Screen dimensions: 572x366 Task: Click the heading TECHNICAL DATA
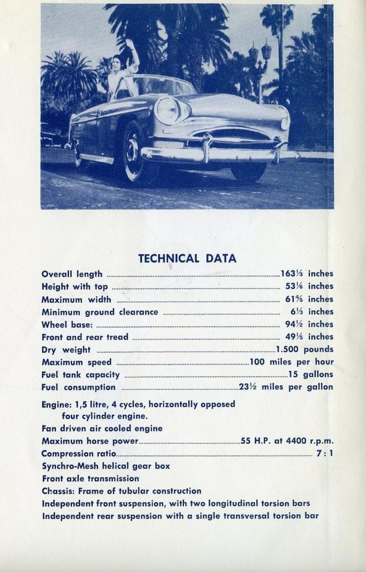coord(187,258)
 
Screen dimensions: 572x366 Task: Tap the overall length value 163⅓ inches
coord(307,274)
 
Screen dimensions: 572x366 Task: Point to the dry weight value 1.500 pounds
coord(305,349)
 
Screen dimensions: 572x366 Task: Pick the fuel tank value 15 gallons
coord(311,375)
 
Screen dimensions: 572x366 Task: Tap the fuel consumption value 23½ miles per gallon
coord(286,387)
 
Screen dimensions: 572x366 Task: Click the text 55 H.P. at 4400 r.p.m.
coord(287,441)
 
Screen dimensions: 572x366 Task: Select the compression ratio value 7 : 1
coord(324,454)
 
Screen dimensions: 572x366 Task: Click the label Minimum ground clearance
coord(100,312)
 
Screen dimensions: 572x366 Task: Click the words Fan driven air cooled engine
coord(102,428)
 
